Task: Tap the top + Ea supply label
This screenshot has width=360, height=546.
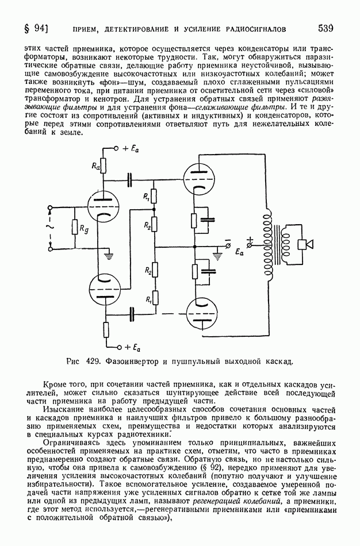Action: [131, 149]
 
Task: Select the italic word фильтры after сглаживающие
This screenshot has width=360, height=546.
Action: [268, 107]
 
